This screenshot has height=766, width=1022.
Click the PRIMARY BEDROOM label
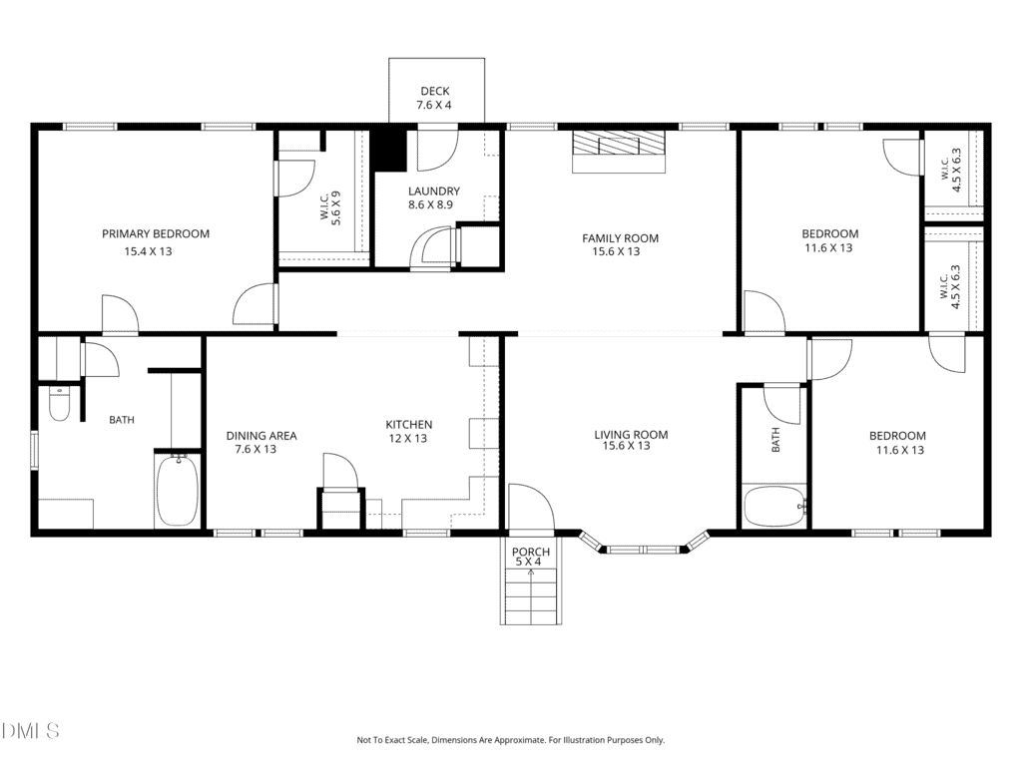tap(155, 233)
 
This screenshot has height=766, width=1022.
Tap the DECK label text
tap(435, 91)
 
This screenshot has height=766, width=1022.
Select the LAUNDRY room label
tap(434, 191)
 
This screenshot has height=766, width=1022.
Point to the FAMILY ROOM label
tap(620, 238)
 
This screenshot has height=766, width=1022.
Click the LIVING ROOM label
tap(631, 435)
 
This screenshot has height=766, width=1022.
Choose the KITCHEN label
tap(408, 425)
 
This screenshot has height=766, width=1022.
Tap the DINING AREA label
tap(261, 436)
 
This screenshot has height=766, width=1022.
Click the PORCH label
tap(531, 552)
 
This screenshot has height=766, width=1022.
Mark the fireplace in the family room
tap(619, 152)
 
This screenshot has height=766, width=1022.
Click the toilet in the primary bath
tap(59, 403)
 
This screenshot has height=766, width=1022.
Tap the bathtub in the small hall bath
tap(775, 507)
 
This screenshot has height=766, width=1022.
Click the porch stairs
tap(531, 595)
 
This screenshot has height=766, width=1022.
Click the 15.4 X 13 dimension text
tap(148, 251)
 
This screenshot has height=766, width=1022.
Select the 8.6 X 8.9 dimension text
tap(431, 204)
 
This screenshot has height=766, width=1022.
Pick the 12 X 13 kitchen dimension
tap(408, 439)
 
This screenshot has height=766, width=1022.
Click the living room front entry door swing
tap(531, 507)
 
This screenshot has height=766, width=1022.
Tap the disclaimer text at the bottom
tap(510, 740)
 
